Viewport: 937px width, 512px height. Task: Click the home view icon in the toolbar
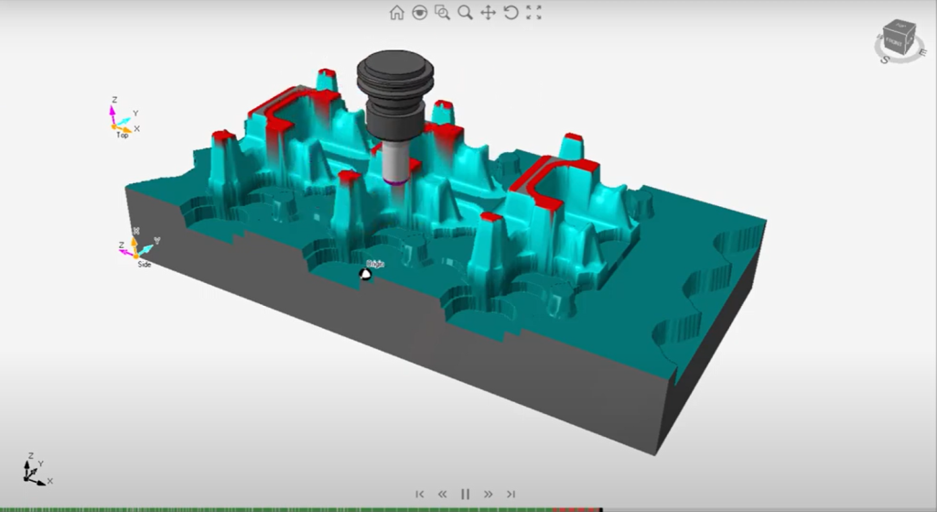[x=396, y=12]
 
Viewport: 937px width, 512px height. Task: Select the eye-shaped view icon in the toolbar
[x=419, y=12]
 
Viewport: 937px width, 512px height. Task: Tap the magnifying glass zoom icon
[x=465, y=12]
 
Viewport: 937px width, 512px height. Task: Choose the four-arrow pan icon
[x=488, y=12]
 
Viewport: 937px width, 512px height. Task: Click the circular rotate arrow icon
[x=511, y=12]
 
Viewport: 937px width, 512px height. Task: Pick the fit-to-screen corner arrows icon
[x=534, y=12]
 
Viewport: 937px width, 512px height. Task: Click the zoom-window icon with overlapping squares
[x=442, y=12]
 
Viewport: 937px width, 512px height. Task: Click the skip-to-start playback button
[x=420, y=494]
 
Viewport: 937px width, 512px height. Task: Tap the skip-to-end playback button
[x=512, y=494]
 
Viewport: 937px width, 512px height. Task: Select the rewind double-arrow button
[x=442, y=494]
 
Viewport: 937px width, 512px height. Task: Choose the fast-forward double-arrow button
[x=489, y=494]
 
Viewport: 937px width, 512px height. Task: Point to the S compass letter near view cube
[x=885, y=60]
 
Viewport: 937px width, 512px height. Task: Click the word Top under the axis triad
[x=122, y=136]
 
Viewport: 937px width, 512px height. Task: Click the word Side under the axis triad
[x=144, y=264]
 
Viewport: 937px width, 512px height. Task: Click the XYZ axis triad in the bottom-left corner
[x=35, y=471]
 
